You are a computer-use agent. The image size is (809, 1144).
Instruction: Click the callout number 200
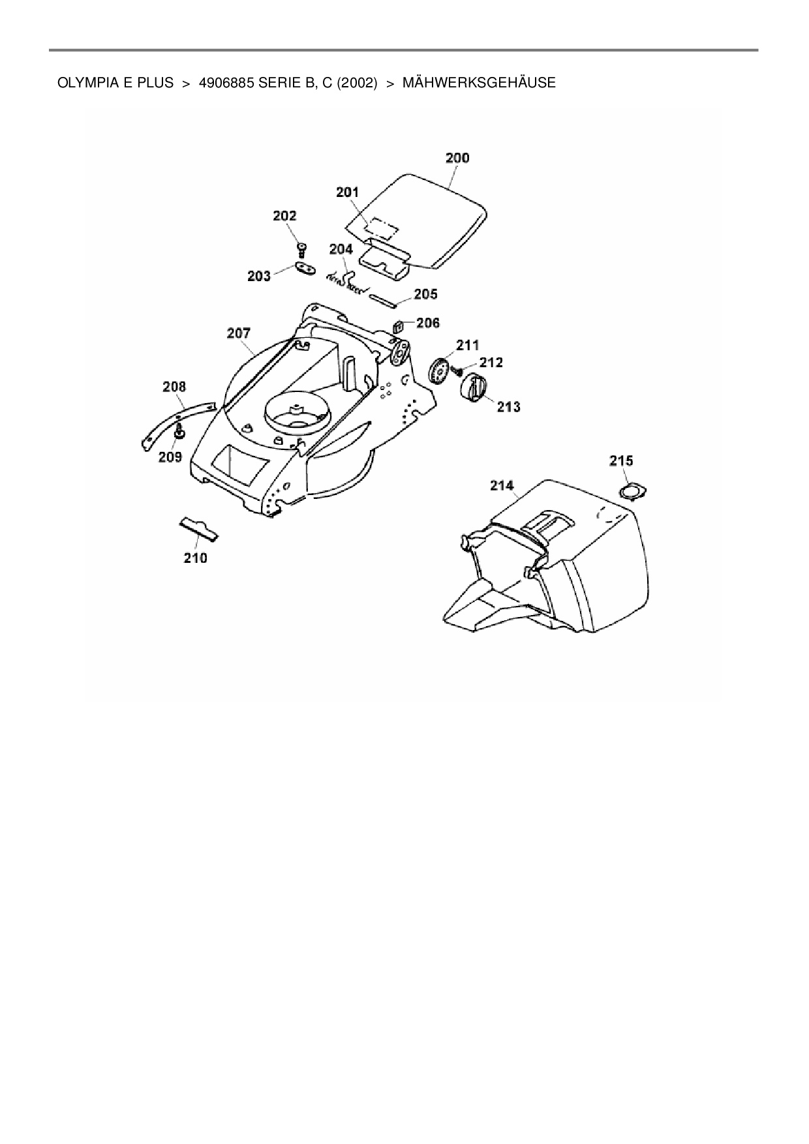point(457,158)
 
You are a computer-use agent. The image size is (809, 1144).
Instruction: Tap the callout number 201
point(348,192)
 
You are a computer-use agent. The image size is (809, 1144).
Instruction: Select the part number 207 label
point(239,333)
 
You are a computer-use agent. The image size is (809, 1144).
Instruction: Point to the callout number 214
point(502,485)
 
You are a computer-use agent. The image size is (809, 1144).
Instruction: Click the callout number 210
point(195,558)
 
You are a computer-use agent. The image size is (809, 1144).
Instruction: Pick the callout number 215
point(621,460)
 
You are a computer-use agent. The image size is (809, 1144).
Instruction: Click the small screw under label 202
point(301,248)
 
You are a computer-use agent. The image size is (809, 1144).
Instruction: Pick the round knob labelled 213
point(474,388)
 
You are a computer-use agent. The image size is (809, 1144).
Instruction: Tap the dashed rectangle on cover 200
point(382,228)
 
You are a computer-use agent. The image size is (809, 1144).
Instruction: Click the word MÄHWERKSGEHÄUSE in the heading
point(479,83)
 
